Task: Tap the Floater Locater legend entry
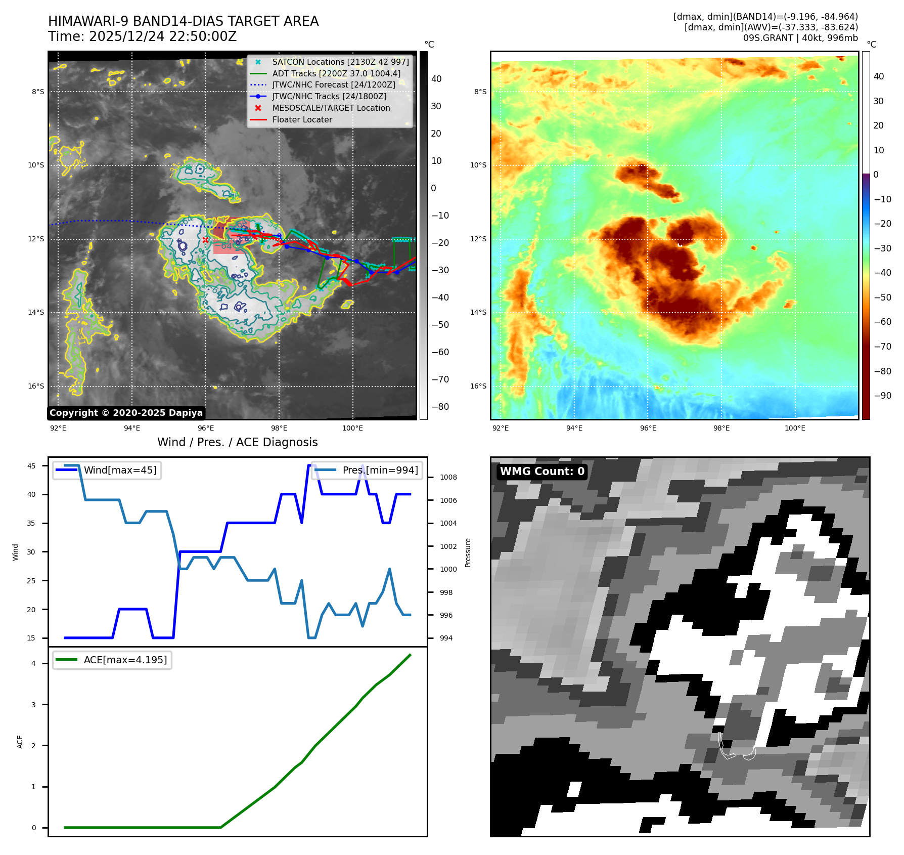pos(302,120)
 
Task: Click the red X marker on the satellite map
pos(205,240)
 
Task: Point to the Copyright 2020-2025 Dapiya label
pos(126,413)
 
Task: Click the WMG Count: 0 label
pos(542,472)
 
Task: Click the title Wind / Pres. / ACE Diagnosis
pos(238,443)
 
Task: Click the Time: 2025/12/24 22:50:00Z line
pos(143,37)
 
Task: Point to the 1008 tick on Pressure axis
pos(448,477)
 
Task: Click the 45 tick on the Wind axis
pos(31,466)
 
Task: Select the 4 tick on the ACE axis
pos(34,663)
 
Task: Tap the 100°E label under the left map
pos(352,428)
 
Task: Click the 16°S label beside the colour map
pos(478,387)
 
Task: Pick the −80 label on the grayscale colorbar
pos(440,407)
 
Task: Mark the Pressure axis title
pos(468,552)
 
